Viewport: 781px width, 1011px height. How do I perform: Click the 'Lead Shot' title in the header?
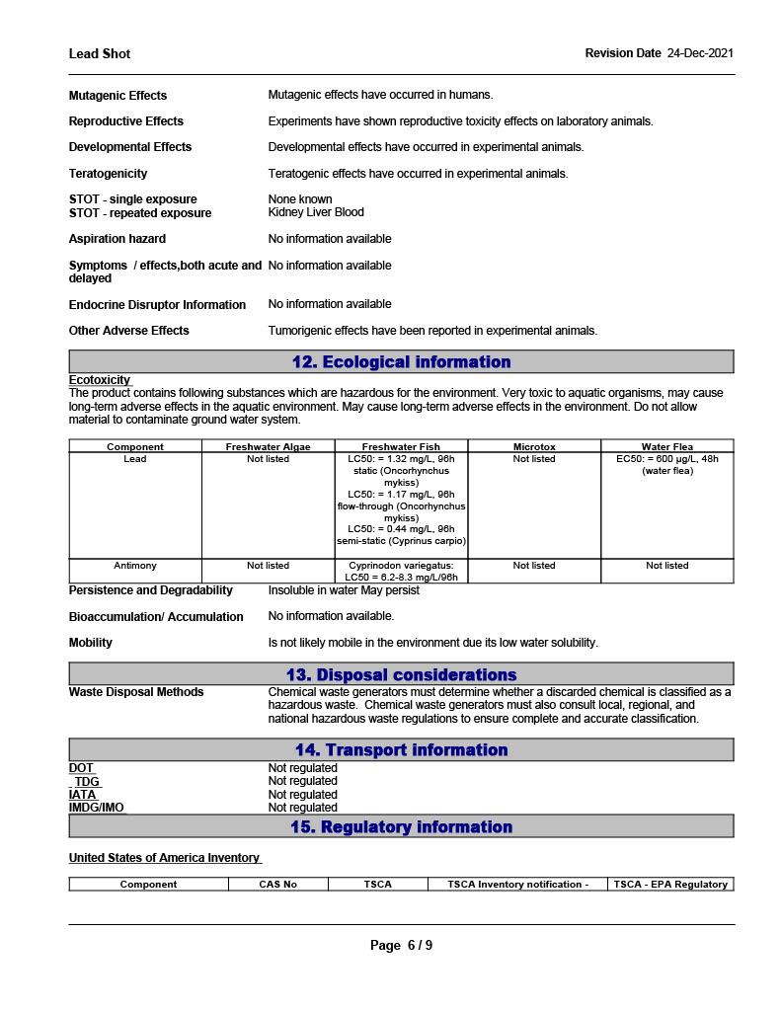tap(100, 53)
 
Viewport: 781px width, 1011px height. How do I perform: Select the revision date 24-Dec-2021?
tap(700, 53)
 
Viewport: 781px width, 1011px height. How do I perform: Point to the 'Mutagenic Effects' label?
tap(117, 96)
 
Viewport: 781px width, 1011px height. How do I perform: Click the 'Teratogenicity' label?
tap(108, 174)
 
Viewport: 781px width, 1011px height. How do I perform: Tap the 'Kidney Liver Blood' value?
tap(316, 212)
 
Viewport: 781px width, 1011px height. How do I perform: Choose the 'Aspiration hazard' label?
tap(117, 239)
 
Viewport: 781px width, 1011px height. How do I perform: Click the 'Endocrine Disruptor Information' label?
tap(157, 305)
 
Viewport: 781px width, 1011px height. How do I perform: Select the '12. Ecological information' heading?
tap(401, 362)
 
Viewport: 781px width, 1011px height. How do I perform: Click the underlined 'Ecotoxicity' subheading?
tap(100, 380)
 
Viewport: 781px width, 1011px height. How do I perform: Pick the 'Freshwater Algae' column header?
tap(268, 447)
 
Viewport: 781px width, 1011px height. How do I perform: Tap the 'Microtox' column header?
tap(534, 447)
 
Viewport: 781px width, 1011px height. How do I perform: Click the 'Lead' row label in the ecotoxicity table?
tap(135, 459)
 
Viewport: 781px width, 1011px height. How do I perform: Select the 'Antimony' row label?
tap(135, 566)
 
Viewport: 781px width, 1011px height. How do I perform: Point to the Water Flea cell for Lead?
tap(667, 465)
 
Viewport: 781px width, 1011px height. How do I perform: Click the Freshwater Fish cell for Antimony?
tap(401, 571)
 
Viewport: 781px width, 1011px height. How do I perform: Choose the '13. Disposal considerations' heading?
tap(401, 675)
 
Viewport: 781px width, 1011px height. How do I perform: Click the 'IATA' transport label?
tap(83, 795)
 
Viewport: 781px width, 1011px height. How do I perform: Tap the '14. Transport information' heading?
tap(401, 750)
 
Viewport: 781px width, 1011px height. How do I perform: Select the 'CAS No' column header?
tap(277, 885)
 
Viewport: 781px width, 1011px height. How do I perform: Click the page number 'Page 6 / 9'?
tap(401, 946)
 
